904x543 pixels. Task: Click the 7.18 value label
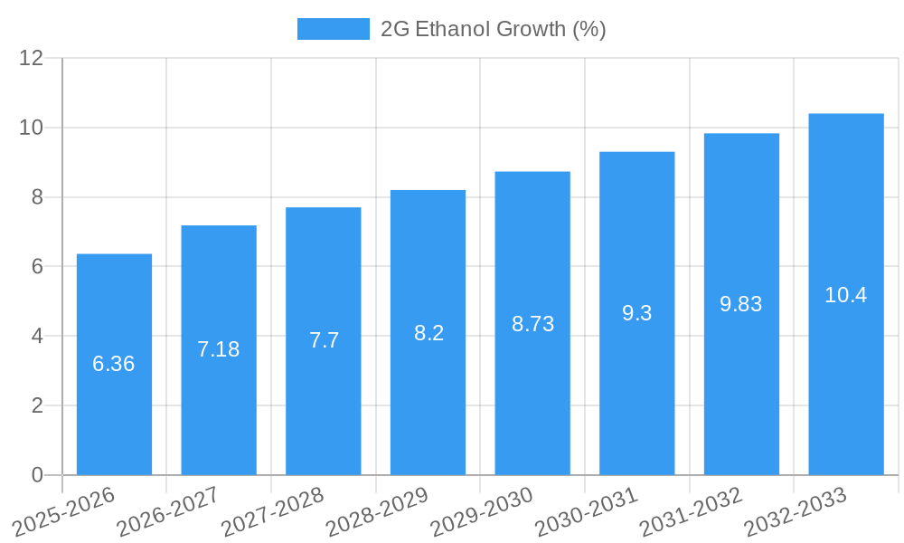(x=219, y=349)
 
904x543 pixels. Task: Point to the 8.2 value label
(x=428, y=333)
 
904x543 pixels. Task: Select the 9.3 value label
(x=637, y=313)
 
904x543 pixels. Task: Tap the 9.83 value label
(x=741, y=304)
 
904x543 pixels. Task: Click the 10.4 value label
(x=846, y=295)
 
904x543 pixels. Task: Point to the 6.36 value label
(x=114, y=364)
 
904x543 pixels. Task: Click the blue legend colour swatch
(x=333, y=29)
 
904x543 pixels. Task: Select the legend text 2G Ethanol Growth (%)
(x=493, y=29)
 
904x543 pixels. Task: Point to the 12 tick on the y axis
(x=32, y=58)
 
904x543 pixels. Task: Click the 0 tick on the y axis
(x=37, y=475)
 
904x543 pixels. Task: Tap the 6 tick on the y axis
(x=37, y=267)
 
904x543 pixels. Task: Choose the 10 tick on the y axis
(x=32, y=128)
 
